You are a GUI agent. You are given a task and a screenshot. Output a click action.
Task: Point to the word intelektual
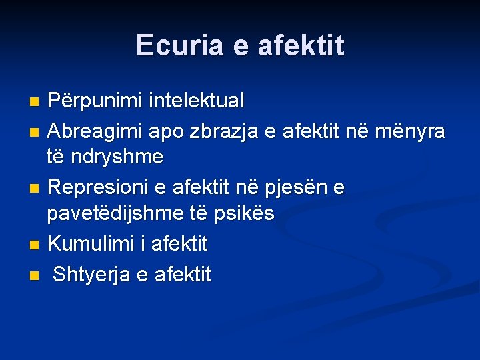(198, 101)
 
